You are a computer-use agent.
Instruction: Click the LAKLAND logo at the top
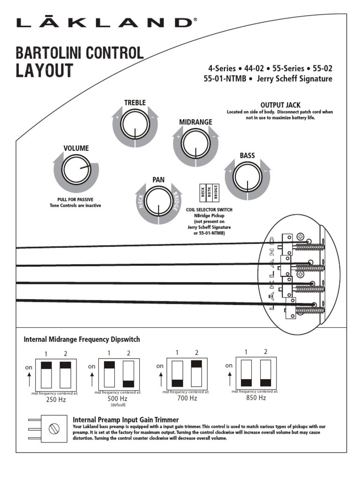104,22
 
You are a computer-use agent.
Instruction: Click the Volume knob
76,170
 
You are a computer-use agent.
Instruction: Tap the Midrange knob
195,143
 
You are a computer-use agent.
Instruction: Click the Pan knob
158,202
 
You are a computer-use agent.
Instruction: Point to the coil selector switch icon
210,193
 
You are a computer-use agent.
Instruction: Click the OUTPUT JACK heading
280,105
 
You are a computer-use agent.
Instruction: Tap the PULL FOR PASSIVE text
75,199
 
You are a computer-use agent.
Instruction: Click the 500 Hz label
118,398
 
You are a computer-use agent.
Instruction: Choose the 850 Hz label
256,397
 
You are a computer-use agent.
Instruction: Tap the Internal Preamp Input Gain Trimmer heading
126,419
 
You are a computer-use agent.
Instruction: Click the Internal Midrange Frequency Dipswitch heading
82,339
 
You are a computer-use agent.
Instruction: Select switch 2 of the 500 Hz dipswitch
128,374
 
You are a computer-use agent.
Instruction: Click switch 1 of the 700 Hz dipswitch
177,373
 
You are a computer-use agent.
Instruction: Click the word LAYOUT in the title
45,71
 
